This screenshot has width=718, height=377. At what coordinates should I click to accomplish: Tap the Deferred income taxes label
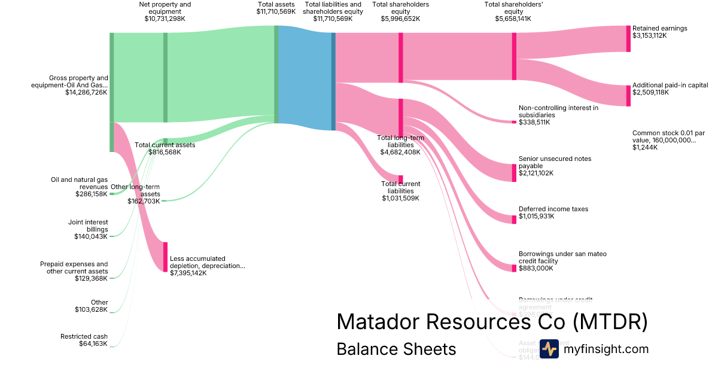[553, 209]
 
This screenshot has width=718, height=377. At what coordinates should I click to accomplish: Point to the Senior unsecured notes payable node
[514, 172]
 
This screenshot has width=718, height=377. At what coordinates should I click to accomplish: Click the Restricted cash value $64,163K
[93, 344]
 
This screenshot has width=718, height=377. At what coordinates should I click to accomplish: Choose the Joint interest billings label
[88, 226]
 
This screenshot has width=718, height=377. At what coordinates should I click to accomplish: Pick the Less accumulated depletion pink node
[165, 257]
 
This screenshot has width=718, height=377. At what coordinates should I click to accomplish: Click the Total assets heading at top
[276, 4]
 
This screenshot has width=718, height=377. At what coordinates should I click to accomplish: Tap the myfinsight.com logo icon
[549, 349]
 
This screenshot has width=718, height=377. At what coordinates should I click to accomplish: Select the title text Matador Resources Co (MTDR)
[492, 322]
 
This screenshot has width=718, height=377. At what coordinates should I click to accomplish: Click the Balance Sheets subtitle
[396, 349]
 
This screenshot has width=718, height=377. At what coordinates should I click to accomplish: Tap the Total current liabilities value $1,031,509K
[401, 198]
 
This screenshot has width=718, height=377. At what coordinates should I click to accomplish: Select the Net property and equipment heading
[165, 8]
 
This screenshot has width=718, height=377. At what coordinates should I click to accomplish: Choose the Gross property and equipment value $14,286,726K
[86, 93]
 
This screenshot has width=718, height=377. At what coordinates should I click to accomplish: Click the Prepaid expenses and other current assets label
[74, 267]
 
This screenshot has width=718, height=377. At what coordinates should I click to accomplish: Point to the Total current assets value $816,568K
[165, 153]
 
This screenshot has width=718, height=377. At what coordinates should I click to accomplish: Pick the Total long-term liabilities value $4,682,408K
[400, 152]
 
